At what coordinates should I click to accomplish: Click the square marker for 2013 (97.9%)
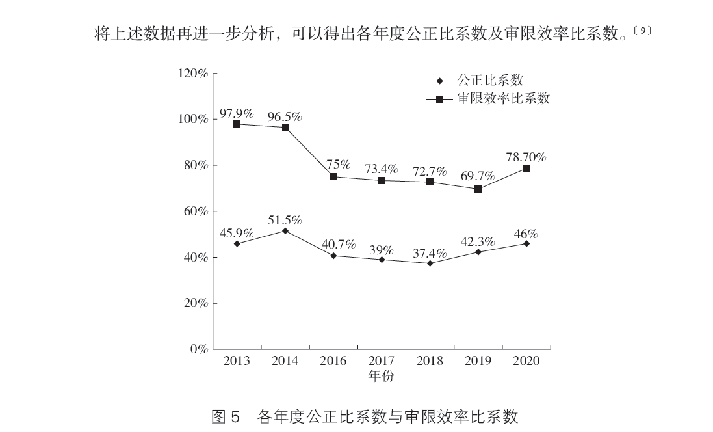pos(237,124)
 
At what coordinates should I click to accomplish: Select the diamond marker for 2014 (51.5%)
pos(285,231)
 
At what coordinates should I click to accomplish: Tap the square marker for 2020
pos(526,168)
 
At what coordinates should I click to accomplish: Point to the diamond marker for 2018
pos(430,263)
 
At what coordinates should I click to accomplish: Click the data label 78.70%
pos(526,157)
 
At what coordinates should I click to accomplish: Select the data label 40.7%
pos(338,245)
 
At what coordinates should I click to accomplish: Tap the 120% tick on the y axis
pos(194,74)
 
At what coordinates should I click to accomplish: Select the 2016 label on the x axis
pos(333,362)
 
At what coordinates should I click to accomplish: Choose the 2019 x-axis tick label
pos(478,362)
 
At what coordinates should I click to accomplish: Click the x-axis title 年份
pos(381,376)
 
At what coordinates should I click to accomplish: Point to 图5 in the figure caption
pos(227,416)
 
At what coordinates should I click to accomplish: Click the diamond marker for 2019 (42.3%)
pos(478,252)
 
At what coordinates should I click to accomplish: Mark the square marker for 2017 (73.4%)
pos(382,180)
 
